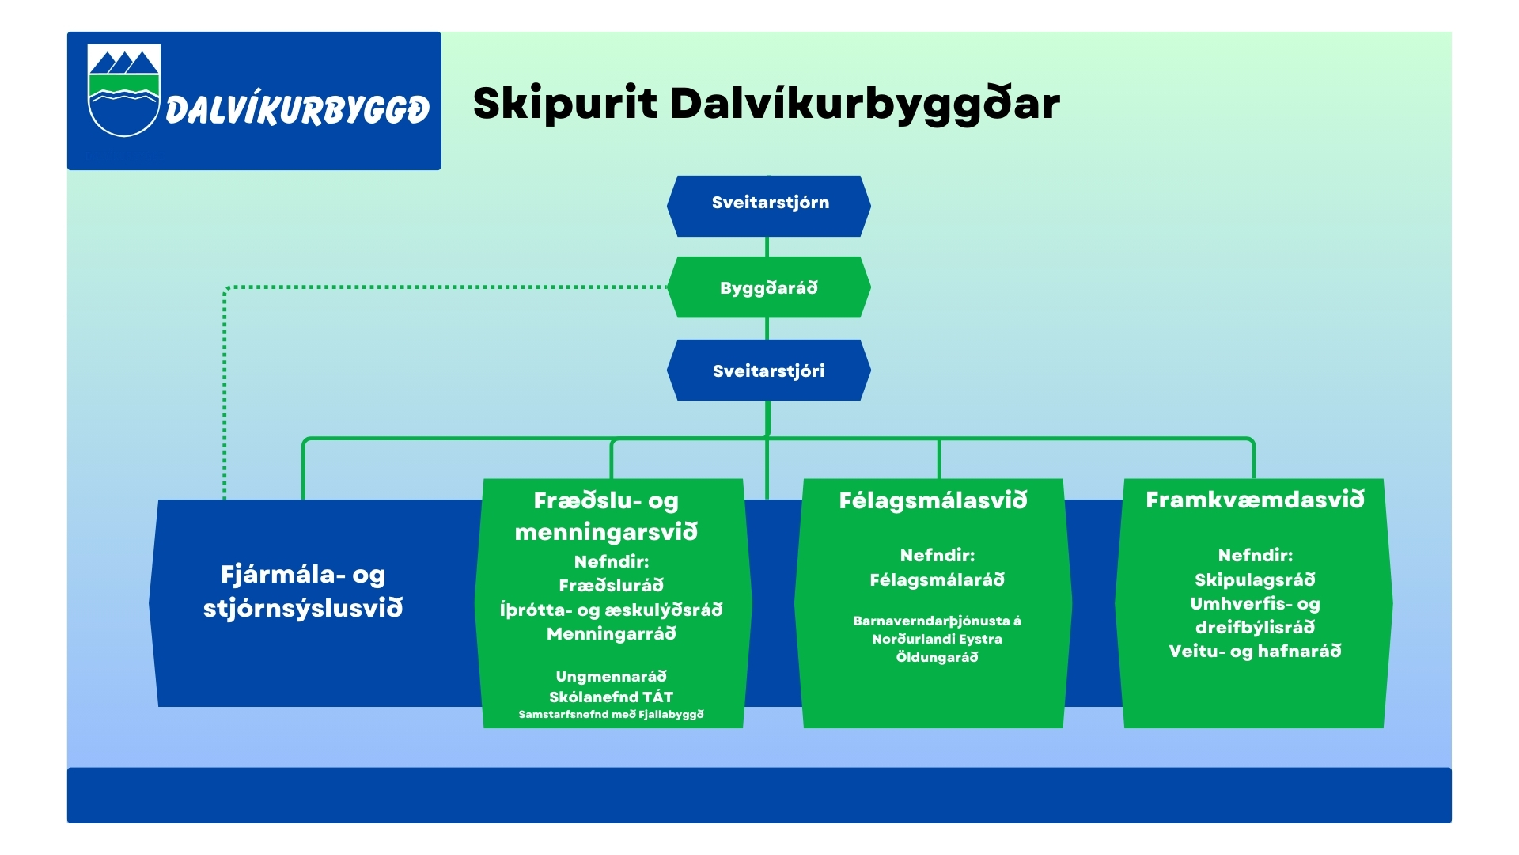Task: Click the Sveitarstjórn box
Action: point(769,204)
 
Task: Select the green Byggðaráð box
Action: point(769,287)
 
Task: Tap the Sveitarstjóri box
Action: point(769,370)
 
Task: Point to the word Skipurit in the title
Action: point(565,104)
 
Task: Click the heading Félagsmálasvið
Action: point(934,500)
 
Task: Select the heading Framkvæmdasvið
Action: point(1255,500)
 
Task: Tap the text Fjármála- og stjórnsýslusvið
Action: point(303,591)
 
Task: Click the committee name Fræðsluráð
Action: point(611,586)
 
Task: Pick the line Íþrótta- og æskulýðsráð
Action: point(611,610)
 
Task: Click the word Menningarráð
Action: point(611,633)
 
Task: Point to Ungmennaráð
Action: point(611,676)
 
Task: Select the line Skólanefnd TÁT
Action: point(611,697)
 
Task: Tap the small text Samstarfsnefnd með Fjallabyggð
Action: point(611,714)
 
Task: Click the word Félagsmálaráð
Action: point(937,580)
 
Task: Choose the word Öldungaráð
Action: point(937,657)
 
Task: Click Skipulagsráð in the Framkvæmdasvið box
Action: point(1255,579)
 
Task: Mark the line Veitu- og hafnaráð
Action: point(1255,651)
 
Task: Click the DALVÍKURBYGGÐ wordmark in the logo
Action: point(297,109)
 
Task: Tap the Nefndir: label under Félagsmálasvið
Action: point(937,555)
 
